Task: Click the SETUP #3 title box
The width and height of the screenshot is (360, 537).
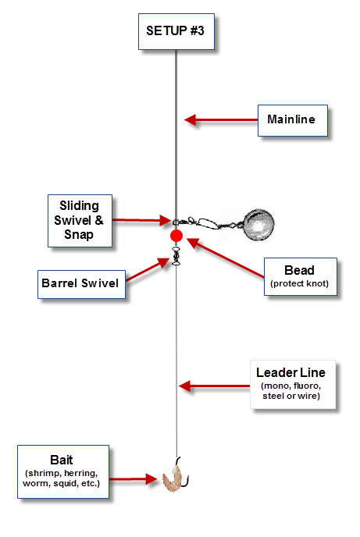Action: [176, 31]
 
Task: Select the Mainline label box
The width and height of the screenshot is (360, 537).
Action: [293, 120]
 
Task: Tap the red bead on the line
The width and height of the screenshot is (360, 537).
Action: [176, 236]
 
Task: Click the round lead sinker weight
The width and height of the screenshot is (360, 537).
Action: [258, 224]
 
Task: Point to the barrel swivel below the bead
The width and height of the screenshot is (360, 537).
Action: [176, 256]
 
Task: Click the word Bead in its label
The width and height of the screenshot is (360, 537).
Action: [299, 270]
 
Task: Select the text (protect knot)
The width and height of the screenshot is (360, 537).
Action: [299, 283]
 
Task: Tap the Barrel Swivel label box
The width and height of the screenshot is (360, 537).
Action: [81, 284]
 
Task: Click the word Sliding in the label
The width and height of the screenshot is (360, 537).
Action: [79, 205]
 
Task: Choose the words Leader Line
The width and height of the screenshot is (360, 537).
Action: [290, 372]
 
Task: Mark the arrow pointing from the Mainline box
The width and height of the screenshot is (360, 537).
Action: [221, 120]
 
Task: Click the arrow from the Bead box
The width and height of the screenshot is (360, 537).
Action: [226, 258]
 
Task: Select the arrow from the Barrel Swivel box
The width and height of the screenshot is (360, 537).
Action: [148, 270]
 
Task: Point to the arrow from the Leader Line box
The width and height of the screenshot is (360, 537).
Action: [215, 386]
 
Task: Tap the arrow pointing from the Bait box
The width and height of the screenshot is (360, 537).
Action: [133, 478]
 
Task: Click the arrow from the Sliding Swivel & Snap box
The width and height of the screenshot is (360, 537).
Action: [141, 220]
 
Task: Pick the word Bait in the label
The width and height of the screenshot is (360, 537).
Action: [62, 460]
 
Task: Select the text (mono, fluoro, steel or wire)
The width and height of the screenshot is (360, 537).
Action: [291, 391]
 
